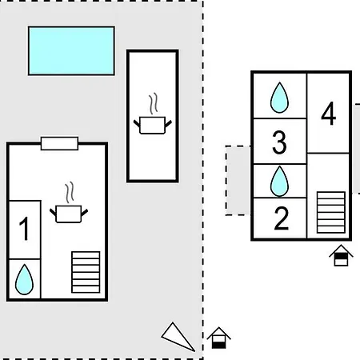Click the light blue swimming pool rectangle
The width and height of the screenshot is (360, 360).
71,50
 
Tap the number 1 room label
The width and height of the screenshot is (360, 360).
24,229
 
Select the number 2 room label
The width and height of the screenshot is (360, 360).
282,218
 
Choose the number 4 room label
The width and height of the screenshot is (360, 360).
329,114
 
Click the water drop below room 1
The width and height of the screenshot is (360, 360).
24,279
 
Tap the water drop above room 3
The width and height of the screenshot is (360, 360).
279,98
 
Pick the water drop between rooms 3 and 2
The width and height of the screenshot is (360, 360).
279,181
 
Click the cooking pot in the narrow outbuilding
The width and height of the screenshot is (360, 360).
153,125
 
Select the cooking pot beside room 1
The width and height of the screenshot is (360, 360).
69,214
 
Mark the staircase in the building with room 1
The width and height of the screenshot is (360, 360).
86,272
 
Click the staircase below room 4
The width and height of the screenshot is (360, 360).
331,212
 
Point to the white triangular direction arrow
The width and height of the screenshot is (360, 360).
178,337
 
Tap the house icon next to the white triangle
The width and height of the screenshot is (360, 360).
219,338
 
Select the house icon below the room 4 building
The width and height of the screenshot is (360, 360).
341,255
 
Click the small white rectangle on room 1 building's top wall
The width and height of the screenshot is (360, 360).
59,143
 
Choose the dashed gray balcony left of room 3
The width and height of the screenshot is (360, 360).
238,180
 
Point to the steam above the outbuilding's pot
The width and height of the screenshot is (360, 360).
154,104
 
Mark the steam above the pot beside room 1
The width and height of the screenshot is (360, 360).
70,193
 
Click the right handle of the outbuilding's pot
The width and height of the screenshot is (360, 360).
169,124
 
